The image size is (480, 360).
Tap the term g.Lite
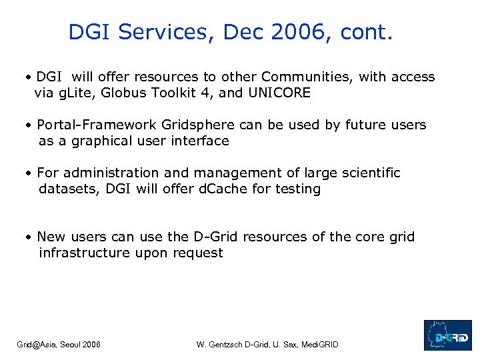[77, 93]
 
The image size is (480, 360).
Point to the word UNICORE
[279, 93]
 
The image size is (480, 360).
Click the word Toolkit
[173, 93]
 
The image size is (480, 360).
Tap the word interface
[199, 141]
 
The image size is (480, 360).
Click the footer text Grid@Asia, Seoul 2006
[59, 345]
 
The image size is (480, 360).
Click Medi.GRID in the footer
[319, 345]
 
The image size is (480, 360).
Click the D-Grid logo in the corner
[447, 335]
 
